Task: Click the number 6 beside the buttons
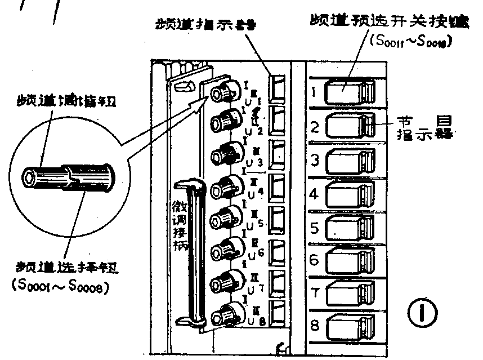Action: click(315, 260)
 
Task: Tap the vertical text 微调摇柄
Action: click(178, 224)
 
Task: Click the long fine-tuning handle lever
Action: click(193, 254)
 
